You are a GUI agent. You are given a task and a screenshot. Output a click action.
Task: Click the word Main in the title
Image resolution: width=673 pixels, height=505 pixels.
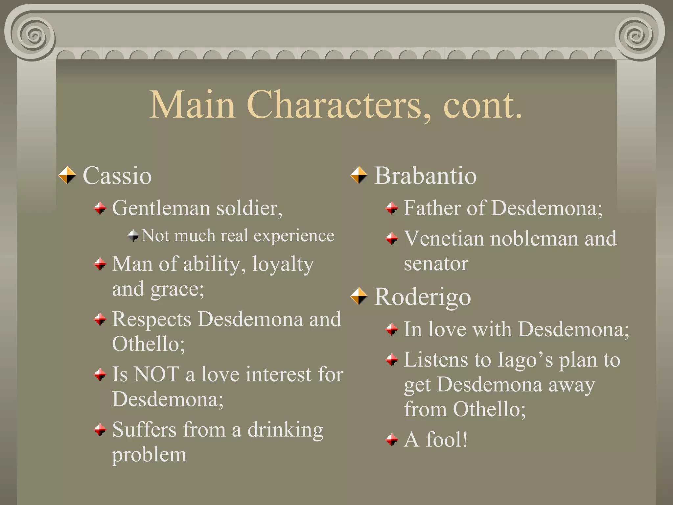192,105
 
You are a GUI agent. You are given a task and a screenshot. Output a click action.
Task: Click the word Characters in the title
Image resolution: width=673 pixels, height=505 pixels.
334,105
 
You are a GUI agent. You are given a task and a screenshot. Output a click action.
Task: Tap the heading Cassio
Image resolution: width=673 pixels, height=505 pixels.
117,176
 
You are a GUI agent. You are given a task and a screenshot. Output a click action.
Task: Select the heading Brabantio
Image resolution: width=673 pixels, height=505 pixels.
425,176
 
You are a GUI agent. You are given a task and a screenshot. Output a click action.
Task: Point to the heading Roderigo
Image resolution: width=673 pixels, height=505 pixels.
423,297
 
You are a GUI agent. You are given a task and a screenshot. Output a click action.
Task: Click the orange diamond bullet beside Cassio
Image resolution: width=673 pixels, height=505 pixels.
67,175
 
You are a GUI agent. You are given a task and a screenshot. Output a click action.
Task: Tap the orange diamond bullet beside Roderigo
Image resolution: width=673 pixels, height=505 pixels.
359,296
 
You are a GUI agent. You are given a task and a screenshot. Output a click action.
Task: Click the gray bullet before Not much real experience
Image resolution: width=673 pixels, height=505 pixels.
133,235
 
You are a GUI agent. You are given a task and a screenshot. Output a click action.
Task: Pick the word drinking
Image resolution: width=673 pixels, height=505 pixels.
285,430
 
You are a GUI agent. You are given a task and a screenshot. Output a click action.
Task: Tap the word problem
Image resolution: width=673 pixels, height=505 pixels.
149,455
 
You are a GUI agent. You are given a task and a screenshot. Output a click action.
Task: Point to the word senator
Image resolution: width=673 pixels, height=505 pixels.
436,264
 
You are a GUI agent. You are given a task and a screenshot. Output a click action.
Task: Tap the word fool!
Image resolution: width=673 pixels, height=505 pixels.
447,440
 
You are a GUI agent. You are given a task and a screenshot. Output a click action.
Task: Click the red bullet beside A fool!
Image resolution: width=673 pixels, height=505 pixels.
391,440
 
